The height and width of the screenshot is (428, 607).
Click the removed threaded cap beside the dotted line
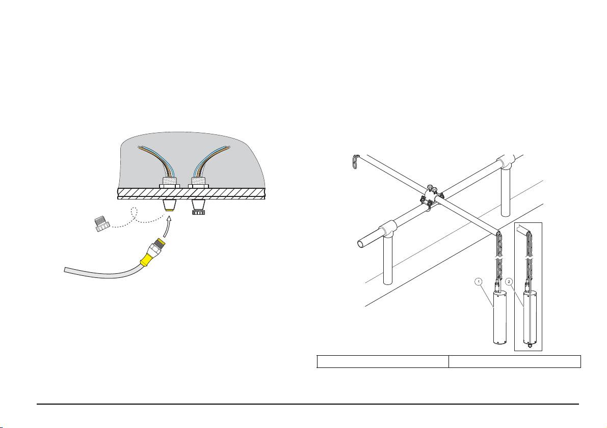(102, 223)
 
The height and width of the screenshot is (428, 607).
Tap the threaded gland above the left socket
(169, 181)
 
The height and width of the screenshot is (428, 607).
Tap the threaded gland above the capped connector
(198, 181)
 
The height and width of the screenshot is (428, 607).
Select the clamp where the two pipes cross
(429, 196)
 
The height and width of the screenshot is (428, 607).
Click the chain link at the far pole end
(356, 161)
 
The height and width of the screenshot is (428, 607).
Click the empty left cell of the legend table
(382, 361)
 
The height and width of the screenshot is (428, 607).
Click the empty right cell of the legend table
(514, 361)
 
